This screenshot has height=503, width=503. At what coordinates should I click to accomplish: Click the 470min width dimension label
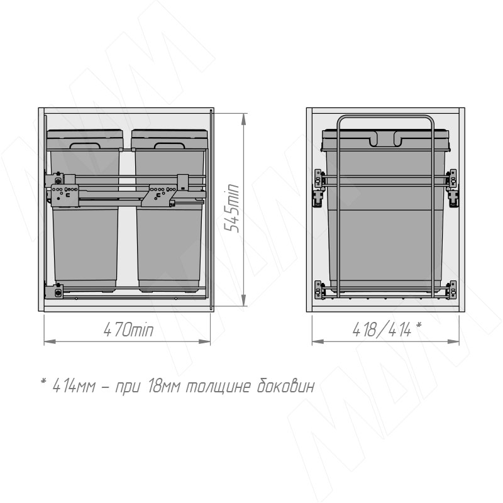[128, 329]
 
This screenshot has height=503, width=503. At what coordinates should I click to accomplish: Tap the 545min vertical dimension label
[231, 208]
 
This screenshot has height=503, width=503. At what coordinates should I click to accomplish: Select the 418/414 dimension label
[382, 329]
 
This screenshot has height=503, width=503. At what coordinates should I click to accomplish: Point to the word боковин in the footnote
[285, 386]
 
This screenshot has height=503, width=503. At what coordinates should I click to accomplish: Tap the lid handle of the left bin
[85, 146]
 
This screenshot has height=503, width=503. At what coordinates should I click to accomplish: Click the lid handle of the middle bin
[169, 146]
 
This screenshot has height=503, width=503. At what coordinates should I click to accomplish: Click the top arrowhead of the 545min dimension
[244, 119]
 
